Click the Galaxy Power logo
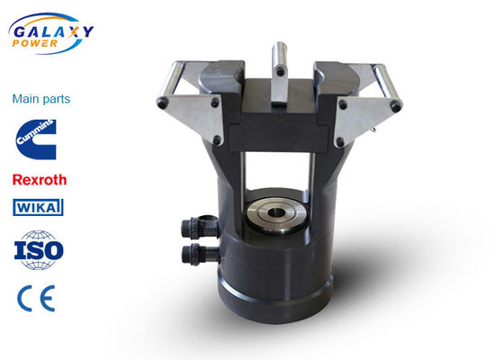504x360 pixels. pyautogui.click(x=50, y=33)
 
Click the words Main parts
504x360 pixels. pyautogui.click(x=41, y=99)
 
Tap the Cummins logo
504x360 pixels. pyautogui.click(x=36, y=139)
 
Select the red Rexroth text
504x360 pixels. pyautogui.click(x=40, y=180)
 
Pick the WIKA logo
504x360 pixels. pyautogui.click(x=38, y=207)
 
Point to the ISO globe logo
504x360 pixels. pyautogui.click(x=39, y=250)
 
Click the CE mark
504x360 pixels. pyautogui.click(x=36, y=298)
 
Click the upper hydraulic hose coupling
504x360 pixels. pyautogui.click(x=200, y=227)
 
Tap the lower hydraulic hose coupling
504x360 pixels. pyautogui.click(x=200, y=254)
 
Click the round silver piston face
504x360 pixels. pyautogui.click(x=275, y=214)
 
